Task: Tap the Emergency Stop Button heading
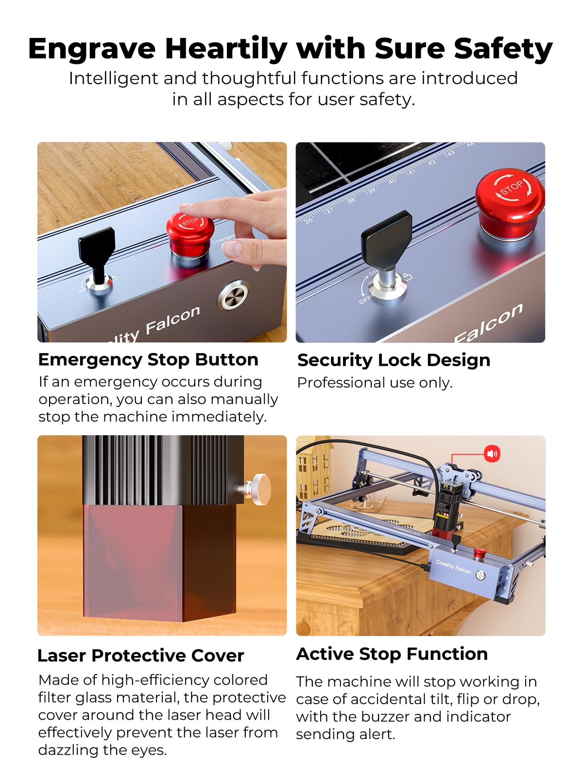pyautogui.click(x=148, y=360)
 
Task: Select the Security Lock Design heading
pyautogui.click(x=394, y=360)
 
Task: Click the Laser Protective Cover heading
pyautogui.click(x=140, y=655)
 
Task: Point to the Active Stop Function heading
pyautogui.click(x=392, y=654)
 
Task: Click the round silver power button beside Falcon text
pyautogui.click(x=233, y=296)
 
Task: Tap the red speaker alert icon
pyautogui.click(x=492, y=454)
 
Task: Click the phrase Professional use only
pyautogui.click(x=375, y=383)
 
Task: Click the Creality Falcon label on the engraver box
pyautogui.click(x=453, y=566)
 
